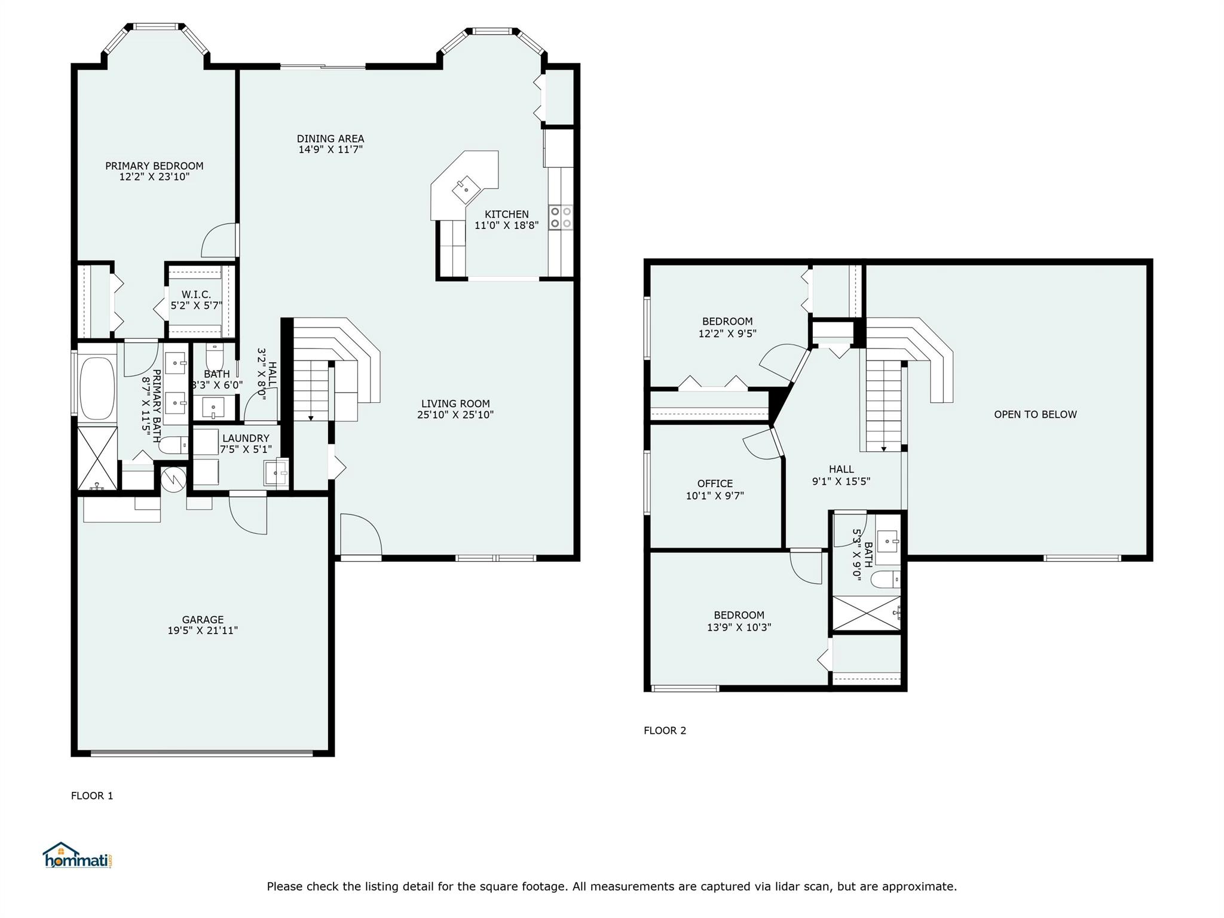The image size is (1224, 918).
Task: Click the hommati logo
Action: click(x=78, y=855)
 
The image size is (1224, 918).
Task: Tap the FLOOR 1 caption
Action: click(x=92, y=795)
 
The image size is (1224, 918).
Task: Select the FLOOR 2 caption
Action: click(x=665, y=730)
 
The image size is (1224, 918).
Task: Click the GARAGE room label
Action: click(x=203, y=620)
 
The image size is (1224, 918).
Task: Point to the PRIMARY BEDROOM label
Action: click(x=154, y=166)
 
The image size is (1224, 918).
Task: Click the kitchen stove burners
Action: click(x=561, y=217)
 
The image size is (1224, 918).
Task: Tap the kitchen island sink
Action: click(x=466, y=189)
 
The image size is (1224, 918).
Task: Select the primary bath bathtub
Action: click(x=97, y=388)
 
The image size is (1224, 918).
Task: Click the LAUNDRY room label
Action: click(x=246, y=438)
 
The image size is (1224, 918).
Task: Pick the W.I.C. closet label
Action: click(x=196, y=295)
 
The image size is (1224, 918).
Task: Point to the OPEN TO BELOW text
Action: click(x=1035, y=414)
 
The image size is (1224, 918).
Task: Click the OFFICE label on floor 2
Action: click(x=715, y=484)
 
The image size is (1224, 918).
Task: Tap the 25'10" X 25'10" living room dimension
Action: click(x=455, y=415)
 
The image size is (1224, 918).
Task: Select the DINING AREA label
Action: click(x=331, y=139)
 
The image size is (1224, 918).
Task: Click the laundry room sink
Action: click(x=276, y=473)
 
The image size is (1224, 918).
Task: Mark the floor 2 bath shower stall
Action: click(x=866, y=613)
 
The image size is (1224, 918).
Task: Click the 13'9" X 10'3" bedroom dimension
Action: click(x=739, y=628)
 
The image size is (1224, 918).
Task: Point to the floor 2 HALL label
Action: click(x=841, y=469)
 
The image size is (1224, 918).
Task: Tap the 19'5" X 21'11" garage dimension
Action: click(x=203, y=631)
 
